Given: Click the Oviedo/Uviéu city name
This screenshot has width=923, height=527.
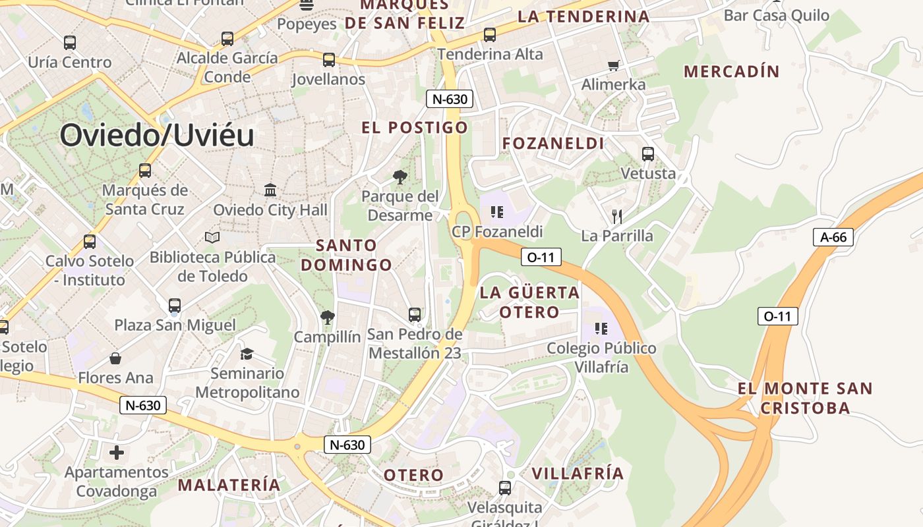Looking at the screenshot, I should tap(157, 136).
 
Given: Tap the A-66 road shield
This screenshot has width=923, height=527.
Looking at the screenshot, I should tap(833, 237).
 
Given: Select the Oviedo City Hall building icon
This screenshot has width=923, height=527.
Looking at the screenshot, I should tap(270, 190).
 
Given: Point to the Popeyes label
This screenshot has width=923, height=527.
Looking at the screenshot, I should tap(307, 24).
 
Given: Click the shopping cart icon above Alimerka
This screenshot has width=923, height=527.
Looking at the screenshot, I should tap(614, 65).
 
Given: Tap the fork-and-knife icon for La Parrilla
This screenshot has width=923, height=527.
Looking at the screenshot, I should tap(617, 216).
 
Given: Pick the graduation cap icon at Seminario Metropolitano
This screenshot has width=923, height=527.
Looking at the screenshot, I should tap(247, 354).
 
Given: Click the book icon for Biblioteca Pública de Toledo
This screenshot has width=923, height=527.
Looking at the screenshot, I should tap(212, 237).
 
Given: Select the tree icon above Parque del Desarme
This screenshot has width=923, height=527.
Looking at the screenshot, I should tap(400, 177).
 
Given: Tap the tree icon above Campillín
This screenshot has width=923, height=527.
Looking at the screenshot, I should tap(327, 318).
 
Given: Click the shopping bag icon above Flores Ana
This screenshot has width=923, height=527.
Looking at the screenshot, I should tap(115, 358).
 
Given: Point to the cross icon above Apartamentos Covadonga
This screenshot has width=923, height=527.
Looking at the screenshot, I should tap(117, 453).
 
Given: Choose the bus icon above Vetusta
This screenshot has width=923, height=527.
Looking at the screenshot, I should tap(648, 154).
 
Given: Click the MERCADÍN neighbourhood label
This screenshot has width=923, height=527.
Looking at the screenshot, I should tap(732, 71).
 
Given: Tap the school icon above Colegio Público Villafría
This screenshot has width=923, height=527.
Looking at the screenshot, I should tap(601, 328).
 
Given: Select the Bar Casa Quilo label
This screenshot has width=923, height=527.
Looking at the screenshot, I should tap(777, 15).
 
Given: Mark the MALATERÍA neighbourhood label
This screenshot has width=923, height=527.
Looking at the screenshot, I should tap(229, 485).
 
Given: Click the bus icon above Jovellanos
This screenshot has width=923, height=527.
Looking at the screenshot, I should tap(329, 60).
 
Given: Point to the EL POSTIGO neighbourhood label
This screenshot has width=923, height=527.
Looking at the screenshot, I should tap(415, 127).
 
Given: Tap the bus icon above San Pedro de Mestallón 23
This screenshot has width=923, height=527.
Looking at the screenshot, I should tap(415, 315).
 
